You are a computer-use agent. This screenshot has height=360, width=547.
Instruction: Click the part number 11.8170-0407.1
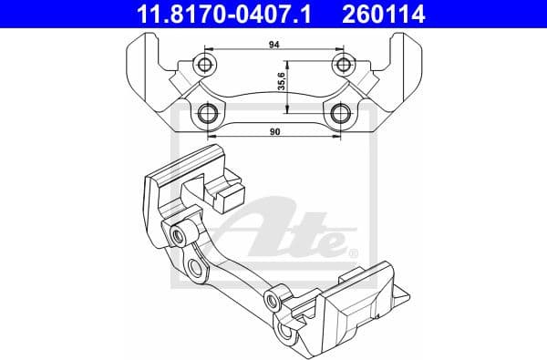(x=220, y=14)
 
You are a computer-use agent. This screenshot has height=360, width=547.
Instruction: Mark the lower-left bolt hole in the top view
(x=209, y=113)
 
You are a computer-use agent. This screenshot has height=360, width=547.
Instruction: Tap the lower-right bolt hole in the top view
(x=343, y=113)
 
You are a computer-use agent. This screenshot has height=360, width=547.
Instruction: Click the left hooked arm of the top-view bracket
(x=147, y=73)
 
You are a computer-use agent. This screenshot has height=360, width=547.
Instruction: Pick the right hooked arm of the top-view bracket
(x=404, y=73)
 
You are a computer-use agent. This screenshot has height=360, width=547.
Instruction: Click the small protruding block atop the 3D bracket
(x=221, y=189)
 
